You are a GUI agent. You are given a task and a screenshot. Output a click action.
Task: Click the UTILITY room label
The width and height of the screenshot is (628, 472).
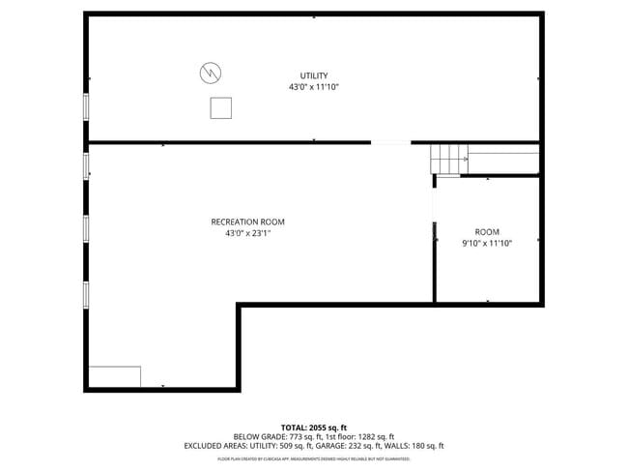click(313, 75)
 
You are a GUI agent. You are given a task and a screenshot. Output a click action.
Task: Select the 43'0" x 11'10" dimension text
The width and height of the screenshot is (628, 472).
click(313, 87)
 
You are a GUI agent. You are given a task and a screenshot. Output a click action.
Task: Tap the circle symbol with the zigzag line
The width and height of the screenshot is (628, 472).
click(211, 73)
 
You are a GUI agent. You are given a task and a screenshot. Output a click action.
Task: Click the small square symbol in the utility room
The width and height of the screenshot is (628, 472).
click(221, 107)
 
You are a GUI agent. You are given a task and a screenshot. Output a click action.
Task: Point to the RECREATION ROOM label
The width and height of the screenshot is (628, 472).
click(247, 221)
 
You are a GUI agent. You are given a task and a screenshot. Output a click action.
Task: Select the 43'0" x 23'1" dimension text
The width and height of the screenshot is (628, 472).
click(247, 233)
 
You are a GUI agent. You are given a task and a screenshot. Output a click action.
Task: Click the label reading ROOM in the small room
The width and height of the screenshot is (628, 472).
click(486, 232)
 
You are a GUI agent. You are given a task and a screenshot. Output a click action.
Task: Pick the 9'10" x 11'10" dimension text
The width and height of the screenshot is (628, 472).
click(486, 244)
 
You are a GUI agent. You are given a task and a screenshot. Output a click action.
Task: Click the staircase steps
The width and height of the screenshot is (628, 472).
click(447, 158)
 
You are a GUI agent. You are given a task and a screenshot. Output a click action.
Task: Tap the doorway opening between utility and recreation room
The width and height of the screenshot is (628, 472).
click(389, 143)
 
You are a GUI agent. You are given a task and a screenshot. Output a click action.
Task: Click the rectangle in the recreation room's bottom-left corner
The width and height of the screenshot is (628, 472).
click(115, 376)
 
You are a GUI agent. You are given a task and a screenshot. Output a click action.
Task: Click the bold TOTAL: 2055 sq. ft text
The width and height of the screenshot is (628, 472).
click(313, 427)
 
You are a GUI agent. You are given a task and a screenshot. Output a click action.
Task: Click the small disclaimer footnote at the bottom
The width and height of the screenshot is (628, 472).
click(313, 457)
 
